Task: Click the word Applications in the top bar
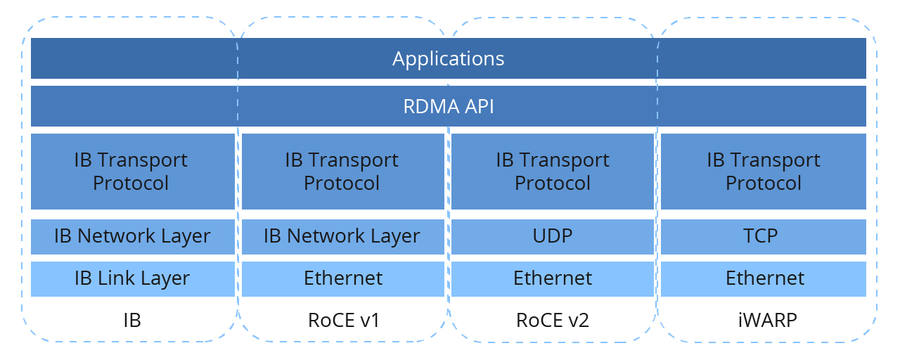tap(448, 58)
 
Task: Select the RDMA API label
tap(448, 106)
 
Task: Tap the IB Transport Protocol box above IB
tap(131, 171)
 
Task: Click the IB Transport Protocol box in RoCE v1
tap(342, 171)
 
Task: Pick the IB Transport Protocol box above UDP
tap(553, 171)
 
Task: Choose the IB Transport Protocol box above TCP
tap(763, 171)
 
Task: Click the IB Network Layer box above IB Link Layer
tap(131, 236)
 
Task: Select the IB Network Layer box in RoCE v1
tap(342, 236)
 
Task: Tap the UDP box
tap(553, 236)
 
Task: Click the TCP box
tap(763, 236)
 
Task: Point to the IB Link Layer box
tap(131, 278)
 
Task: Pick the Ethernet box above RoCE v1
tap(342, 278)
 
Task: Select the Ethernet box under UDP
tap(553, 278)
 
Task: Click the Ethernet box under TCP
tap(763, 278)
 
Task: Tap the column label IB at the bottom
tap(131, 321)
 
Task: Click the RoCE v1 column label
tap(342, 321)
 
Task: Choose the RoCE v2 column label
tap(553, 321)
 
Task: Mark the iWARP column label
tap(763, 321)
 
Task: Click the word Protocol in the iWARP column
tap(763, 184)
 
